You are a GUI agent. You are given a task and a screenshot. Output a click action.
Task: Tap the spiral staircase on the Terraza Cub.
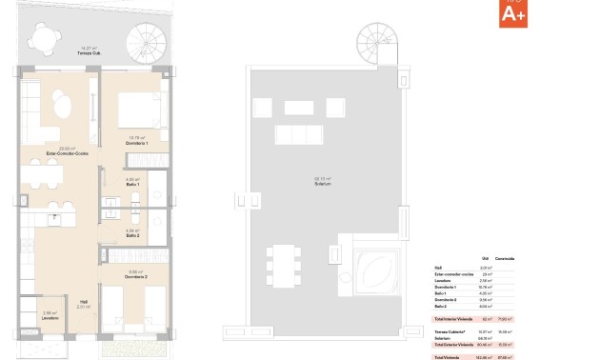(147, 43)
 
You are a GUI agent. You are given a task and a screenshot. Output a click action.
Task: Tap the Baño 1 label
(133, 184)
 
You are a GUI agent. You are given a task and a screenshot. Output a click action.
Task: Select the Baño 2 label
(133, 234)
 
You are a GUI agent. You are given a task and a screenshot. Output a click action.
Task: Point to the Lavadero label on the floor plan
(51, 316)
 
